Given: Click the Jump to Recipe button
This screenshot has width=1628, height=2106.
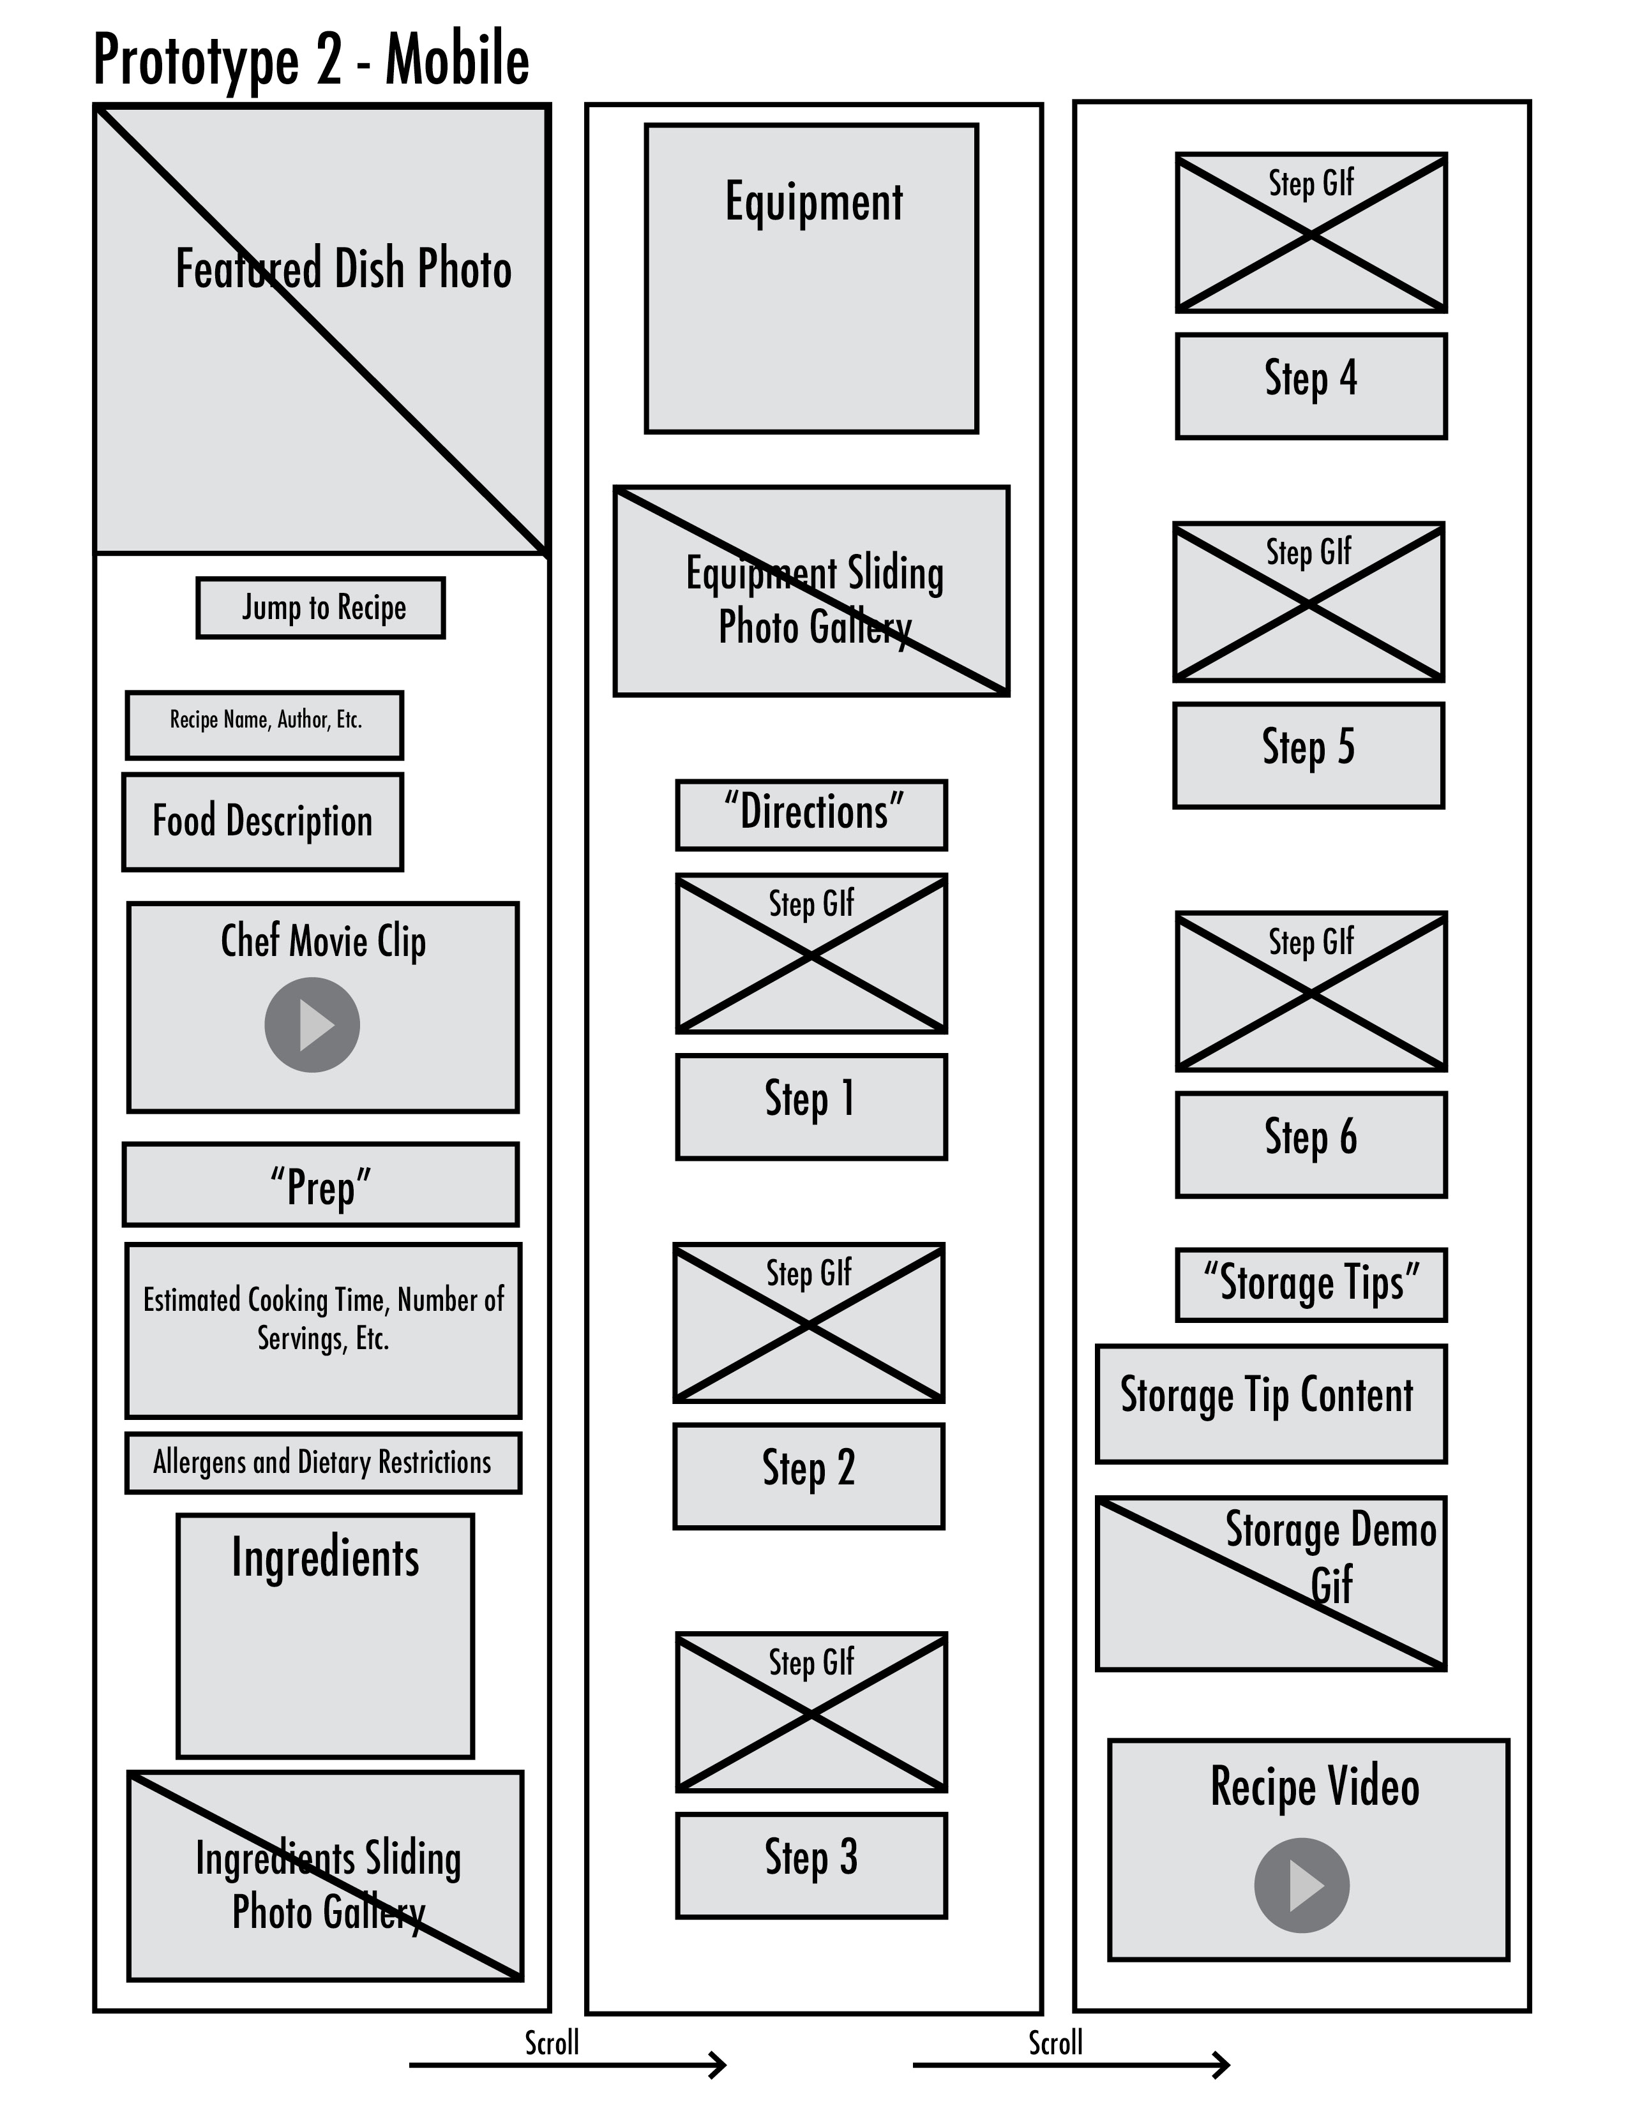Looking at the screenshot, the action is point(320,608).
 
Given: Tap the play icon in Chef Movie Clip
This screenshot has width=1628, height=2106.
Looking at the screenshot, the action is point(312,1024).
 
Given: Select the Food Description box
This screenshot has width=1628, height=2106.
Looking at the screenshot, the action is point(262,821).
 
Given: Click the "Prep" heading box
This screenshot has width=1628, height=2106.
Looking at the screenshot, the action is point(320,1184).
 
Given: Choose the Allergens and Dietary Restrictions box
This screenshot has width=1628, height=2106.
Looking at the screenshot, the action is point(323,1463).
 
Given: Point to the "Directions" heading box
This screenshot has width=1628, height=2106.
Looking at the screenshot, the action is point(811,815).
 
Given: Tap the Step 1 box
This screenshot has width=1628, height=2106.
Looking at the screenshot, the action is point(811,1106).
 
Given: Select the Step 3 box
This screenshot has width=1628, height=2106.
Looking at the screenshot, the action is point(811,1865).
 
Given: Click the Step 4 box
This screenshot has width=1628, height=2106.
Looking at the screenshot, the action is point(1311,385).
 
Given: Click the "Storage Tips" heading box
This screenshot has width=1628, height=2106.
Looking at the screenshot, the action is point(1311,1285).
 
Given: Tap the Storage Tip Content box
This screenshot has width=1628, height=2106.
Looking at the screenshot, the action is point(1271,1403).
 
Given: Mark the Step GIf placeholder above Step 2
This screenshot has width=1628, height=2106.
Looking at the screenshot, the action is point(808,1322).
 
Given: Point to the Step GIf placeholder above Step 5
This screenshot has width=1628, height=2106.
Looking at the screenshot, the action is point(1308,602).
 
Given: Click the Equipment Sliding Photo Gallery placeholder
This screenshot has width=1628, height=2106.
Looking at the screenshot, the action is point(811,590).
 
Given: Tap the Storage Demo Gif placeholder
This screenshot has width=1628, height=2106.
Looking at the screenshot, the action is point(1271,1583).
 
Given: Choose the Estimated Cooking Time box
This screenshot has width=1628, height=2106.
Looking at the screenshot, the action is point(323,1331).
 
